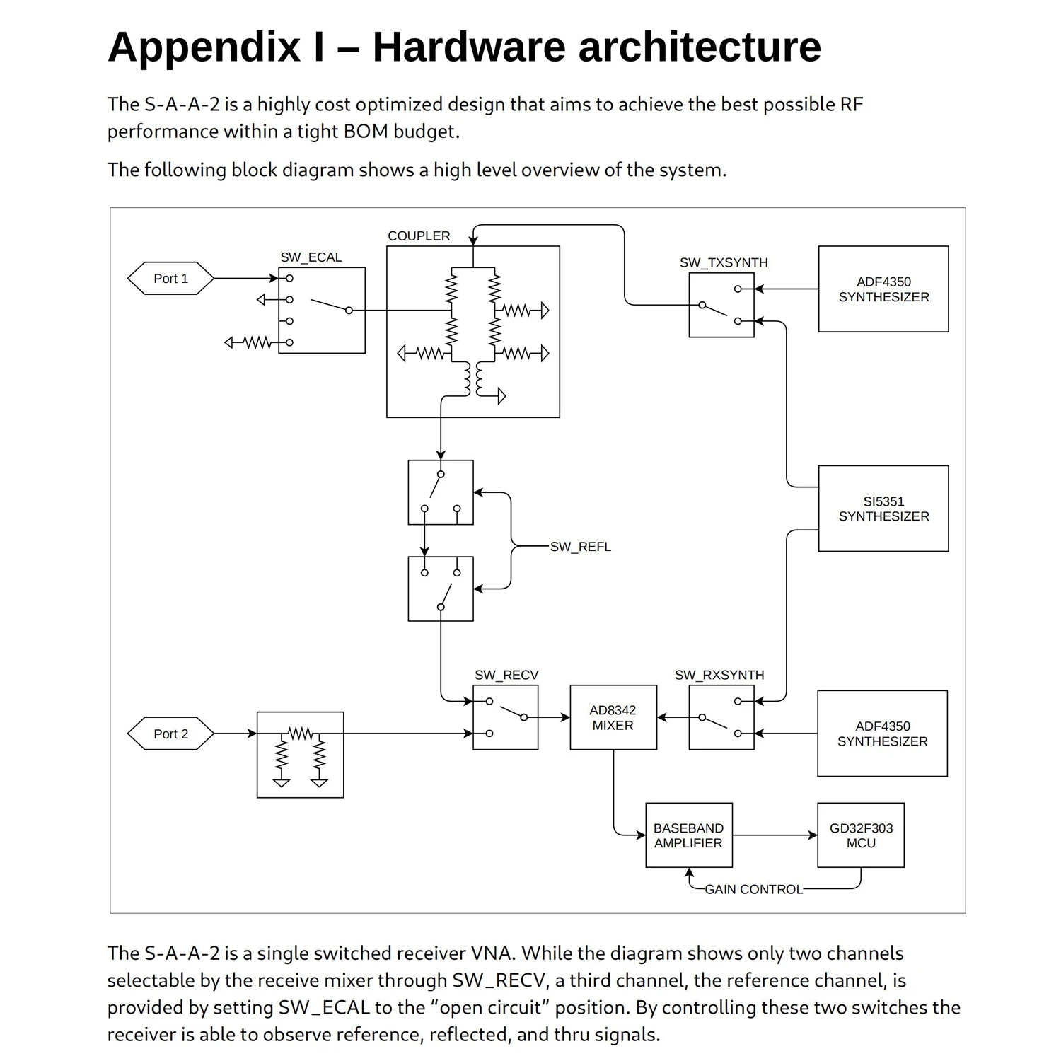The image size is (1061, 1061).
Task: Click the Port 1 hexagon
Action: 170,279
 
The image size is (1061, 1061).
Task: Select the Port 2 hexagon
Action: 170,734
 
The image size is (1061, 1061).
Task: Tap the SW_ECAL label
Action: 311,257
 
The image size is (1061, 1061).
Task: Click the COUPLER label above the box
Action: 419,236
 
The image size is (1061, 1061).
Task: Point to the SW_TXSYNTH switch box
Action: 721,306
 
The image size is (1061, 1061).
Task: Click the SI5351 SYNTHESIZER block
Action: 883,509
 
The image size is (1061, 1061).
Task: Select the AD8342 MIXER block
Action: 613,717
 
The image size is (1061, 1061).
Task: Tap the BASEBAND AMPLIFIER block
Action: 688,835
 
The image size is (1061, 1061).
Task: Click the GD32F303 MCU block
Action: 860,835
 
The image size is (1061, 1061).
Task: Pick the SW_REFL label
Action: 580,547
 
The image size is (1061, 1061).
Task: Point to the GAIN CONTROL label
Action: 753,889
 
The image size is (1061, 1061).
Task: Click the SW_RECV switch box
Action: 505,717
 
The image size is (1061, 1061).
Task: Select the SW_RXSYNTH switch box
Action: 721,717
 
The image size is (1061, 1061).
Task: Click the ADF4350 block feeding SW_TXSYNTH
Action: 883,289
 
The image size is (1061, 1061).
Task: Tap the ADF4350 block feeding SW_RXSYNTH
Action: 882,734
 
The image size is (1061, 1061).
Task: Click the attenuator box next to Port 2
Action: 300,755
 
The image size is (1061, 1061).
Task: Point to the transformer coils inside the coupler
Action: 473,380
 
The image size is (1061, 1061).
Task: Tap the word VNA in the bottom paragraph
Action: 490,953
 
